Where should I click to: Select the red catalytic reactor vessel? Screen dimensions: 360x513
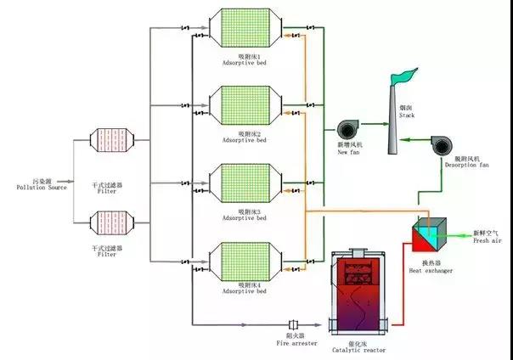pyautogui.click(x=358, y=293)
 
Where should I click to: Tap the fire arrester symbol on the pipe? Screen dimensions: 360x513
pyautogui.click(x=294, y=324)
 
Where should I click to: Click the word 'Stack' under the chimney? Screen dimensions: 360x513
pyautogui.click(x=407, y=116)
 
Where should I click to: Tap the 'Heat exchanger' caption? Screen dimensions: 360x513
pyautogui.click(x=431, y=271)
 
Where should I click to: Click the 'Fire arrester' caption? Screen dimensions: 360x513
pyautogui.click(x=294, y=342)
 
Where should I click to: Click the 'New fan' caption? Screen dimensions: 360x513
pyautogui.click(x=348, y=154)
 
